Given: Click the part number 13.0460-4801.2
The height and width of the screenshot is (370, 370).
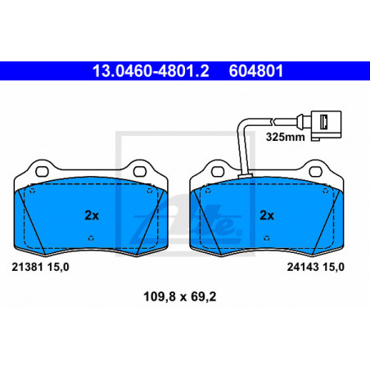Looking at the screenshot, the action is point(151,70).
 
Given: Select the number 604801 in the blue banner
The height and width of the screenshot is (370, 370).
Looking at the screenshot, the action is point(256,70).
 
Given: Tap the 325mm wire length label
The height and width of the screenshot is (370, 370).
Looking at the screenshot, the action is point(286,137).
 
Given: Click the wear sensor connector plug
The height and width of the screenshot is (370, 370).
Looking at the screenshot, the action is point(327,125).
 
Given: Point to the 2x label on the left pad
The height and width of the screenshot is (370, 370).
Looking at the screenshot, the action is point(92,215).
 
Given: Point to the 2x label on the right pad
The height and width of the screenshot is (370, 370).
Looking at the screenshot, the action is point(267,215).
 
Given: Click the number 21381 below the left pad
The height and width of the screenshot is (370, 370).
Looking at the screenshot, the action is point(27,267).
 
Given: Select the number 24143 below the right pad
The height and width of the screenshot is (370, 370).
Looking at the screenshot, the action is point(303,267).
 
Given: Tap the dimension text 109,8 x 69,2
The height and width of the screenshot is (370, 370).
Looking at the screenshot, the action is point(180,296).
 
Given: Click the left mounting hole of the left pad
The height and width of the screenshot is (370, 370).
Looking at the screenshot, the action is point(42,172).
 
